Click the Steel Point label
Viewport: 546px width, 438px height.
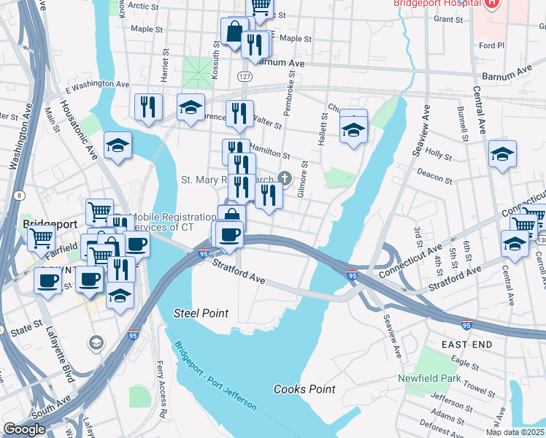click(x=201, y=313)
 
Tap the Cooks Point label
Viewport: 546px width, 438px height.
click(x=304, y=389)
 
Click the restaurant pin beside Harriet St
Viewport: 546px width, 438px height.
click(x=149, y=107)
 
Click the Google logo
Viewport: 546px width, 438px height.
click(x=24, y=429)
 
